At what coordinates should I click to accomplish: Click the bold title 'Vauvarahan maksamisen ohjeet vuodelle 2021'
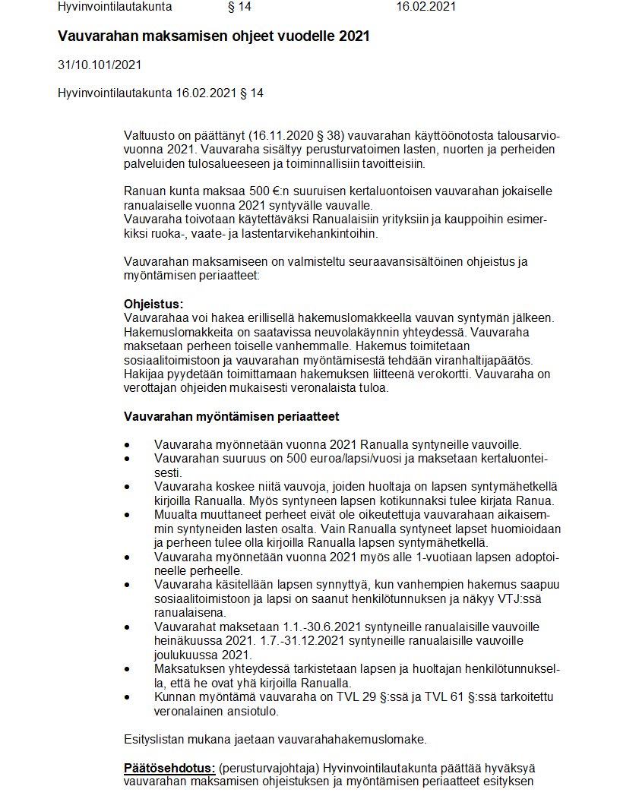(214, 36)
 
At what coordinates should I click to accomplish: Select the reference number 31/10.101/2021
(100, 65)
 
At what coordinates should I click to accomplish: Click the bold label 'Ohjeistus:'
(153, 304)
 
